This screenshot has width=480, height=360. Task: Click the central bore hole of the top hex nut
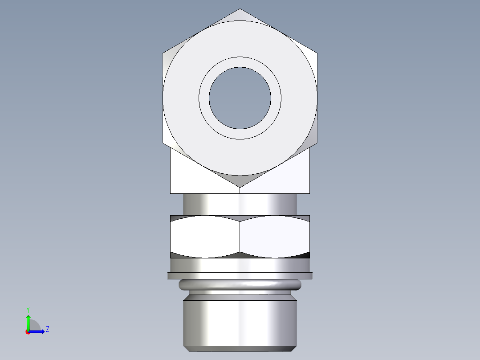pos(240,98)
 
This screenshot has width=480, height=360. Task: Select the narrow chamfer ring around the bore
pos(240,62)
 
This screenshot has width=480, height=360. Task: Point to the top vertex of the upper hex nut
pos(240,9)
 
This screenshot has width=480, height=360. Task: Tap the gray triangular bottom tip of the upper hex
pos(240,180)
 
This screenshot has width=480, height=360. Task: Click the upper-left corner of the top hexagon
pos(163,53)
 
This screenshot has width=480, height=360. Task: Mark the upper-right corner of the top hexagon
pos(317,53)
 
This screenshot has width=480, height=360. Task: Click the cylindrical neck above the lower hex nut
pos(240,204)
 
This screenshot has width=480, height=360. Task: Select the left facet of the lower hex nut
pos(205,237)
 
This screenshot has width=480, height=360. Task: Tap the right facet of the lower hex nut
pos(275,237)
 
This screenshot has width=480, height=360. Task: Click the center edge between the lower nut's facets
pos(240,237)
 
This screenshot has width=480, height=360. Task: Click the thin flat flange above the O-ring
pos(240,276)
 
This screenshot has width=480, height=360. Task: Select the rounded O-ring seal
pos(240,285)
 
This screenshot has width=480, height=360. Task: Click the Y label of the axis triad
pos(28,309)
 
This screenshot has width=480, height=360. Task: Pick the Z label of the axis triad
pos(47,329)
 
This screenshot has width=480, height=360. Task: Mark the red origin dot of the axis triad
pos(28,331)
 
